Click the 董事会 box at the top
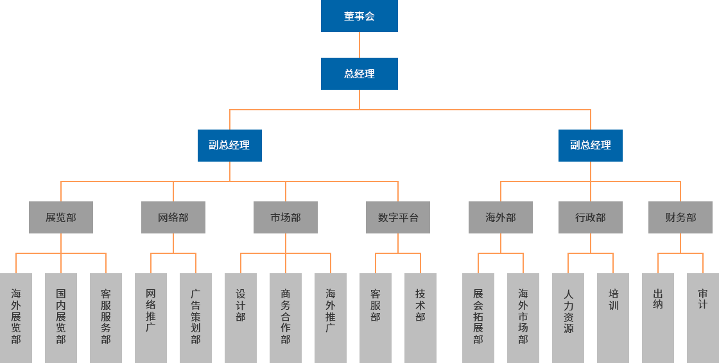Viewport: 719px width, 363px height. click(x=359, y=16)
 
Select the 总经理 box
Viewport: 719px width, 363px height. click(x=359, y=73)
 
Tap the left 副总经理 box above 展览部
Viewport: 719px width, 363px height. click(x=229, y=145)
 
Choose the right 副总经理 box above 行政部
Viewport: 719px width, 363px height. click(x=590, y=145)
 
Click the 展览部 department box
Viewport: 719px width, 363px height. click(x=60, y=217)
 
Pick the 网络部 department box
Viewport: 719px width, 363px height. click(x=173, y=217)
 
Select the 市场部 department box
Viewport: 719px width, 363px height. click(x=285, y=217)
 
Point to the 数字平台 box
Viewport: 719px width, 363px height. click(x=397, y=217)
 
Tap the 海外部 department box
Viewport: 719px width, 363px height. click(x=500, y=217)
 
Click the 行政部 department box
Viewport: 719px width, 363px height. click(x=590, y=217)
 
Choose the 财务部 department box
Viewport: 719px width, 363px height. click(x=680, y=217)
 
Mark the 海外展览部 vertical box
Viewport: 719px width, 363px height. click(x=16, y=317)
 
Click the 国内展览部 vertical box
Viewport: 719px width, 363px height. click(x=60, y=317)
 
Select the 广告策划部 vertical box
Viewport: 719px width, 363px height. click(x=195, y=317)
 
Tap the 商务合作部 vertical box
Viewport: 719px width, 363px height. click(x=285, y=317)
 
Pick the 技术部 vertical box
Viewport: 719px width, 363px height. click(x=420, y=317)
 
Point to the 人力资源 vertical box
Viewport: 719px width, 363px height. click(x=568, y=317)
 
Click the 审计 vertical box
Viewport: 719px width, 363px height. click(x=702, y=317)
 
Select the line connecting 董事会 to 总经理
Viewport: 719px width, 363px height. click(x=359, y=44)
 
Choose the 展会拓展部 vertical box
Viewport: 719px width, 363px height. click(x=478, y=317)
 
